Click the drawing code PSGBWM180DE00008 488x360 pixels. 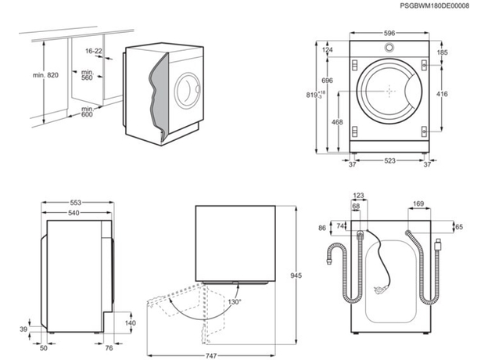coord(435,5)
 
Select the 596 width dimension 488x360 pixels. coord(389,33)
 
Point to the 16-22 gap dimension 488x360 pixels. coord(94,51)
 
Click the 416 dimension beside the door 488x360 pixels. coord(443,93)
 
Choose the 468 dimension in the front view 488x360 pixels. coord(337,122)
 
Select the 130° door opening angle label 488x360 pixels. coord(234,301)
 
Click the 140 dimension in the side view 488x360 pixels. coord(130,322)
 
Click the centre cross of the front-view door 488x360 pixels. coord(389,93)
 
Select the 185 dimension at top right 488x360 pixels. coord(443,52)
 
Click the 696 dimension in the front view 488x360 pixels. coord(328,81)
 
